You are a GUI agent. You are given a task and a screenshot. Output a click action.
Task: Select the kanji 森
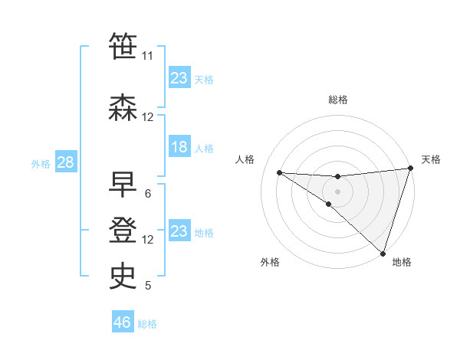tap(123, 107)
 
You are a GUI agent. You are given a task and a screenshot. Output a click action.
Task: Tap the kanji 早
tap(123, 185)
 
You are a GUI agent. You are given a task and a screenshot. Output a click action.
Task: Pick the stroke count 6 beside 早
tap(147, 194)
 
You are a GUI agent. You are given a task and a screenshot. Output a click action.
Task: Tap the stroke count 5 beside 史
tap(147, 286)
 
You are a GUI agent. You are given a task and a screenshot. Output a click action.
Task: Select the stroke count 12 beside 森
tap(147, 117)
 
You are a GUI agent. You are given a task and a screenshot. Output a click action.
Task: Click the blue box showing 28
tap(65, 162)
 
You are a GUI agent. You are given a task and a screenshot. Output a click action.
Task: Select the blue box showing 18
tap(179, 147)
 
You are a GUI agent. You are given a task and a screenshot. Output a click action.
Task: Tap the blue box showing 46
tap(123, 322)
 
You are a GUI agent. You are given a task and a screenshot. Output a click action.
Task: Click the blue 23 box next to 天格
tap(179, 78)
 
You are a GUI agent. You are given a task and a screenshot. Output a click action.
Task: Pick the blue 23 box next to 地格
tap(179, 231)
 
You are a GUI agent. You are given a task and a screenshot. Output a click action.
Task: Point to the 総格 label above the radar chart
tap(337, 100)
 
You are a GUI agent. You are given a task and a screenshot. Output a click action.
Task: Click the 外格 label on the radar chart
tap(270, 263)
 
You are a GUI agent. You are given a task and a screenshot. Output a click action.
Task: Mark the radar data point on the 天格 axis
tap(410, 169)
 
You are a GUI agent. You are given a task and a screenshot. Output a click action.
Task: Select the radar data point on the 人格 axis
tap(279, 172)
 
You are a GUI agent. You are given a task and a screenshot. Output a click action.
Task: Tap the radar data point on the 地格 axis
tap(383, 253)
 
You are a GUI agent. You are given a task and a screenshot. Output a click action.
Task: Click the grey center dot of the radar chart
tap(337, 191)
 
